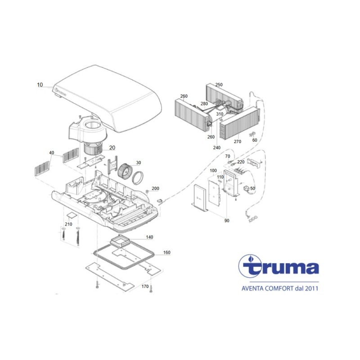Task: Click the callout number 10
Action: (x=40, y=85)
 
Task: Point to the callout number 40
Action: (x=52, y=153)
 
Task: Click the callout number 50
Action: (x=252, y=188)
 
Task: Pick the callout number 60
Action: (x=255, y=140)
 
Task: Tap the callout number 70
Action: (x=227, y=156)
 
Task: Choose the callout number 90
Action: (x=226, y=220)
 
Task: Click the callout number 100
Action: (x=213, y=171)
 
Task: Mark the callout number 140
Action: (x=149, y=237)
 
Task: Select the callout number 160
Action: (x=166, y=253)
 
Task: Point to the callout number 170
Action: (x=145, y=286)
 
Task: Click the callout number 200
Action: (x=155, y=188)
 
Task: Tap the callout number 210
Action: (x=68, y=224)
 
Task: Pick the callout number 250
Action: (x=219, y=85)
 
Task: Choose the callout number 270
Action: (x=237, y=142)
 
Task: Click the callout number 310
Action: (x=220, y=114)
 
